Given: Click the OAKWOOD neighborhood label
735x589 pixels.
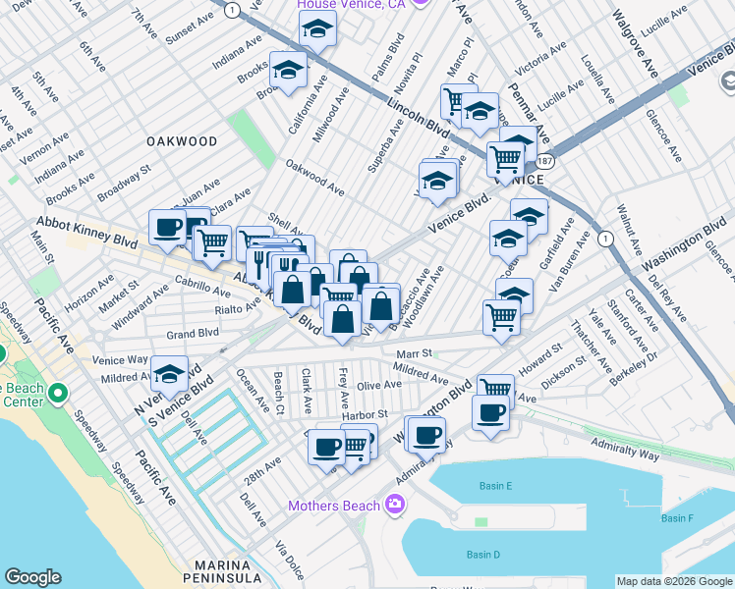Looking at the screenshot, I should click(181, 141).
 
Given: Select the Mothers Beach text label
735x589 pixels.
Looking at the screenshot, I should click(334, 506).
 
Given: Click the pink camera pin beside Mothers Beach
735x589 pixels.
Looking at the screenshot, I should click(395, 505).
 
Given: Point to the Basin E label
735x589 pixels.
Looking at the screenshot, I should click(496, 486).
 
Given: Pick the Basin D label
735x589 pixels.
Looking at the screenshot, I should click(483, 555).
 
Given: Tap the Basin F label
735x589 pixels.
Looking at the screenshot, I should click(677, 517).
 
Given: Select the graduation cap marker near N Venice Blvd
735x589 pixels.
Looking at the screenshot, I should click(169, 373).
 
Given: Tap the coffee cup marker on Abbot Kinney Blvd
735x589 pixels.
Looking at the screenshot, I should click(168, 227).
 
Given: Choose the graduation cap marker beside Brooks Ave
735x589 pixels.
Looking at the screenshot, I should click(289, 70).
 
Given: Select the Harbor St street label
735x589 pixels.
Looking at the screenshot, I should click(367, 414).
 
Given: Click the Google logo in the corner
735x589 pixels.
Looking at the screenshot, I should click(32, 577).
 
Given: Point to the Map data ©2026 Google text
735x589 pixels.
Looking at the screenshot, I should click(673, 581).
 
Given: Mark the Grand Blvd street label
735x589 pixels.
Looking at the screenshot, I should click(193, 333).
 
